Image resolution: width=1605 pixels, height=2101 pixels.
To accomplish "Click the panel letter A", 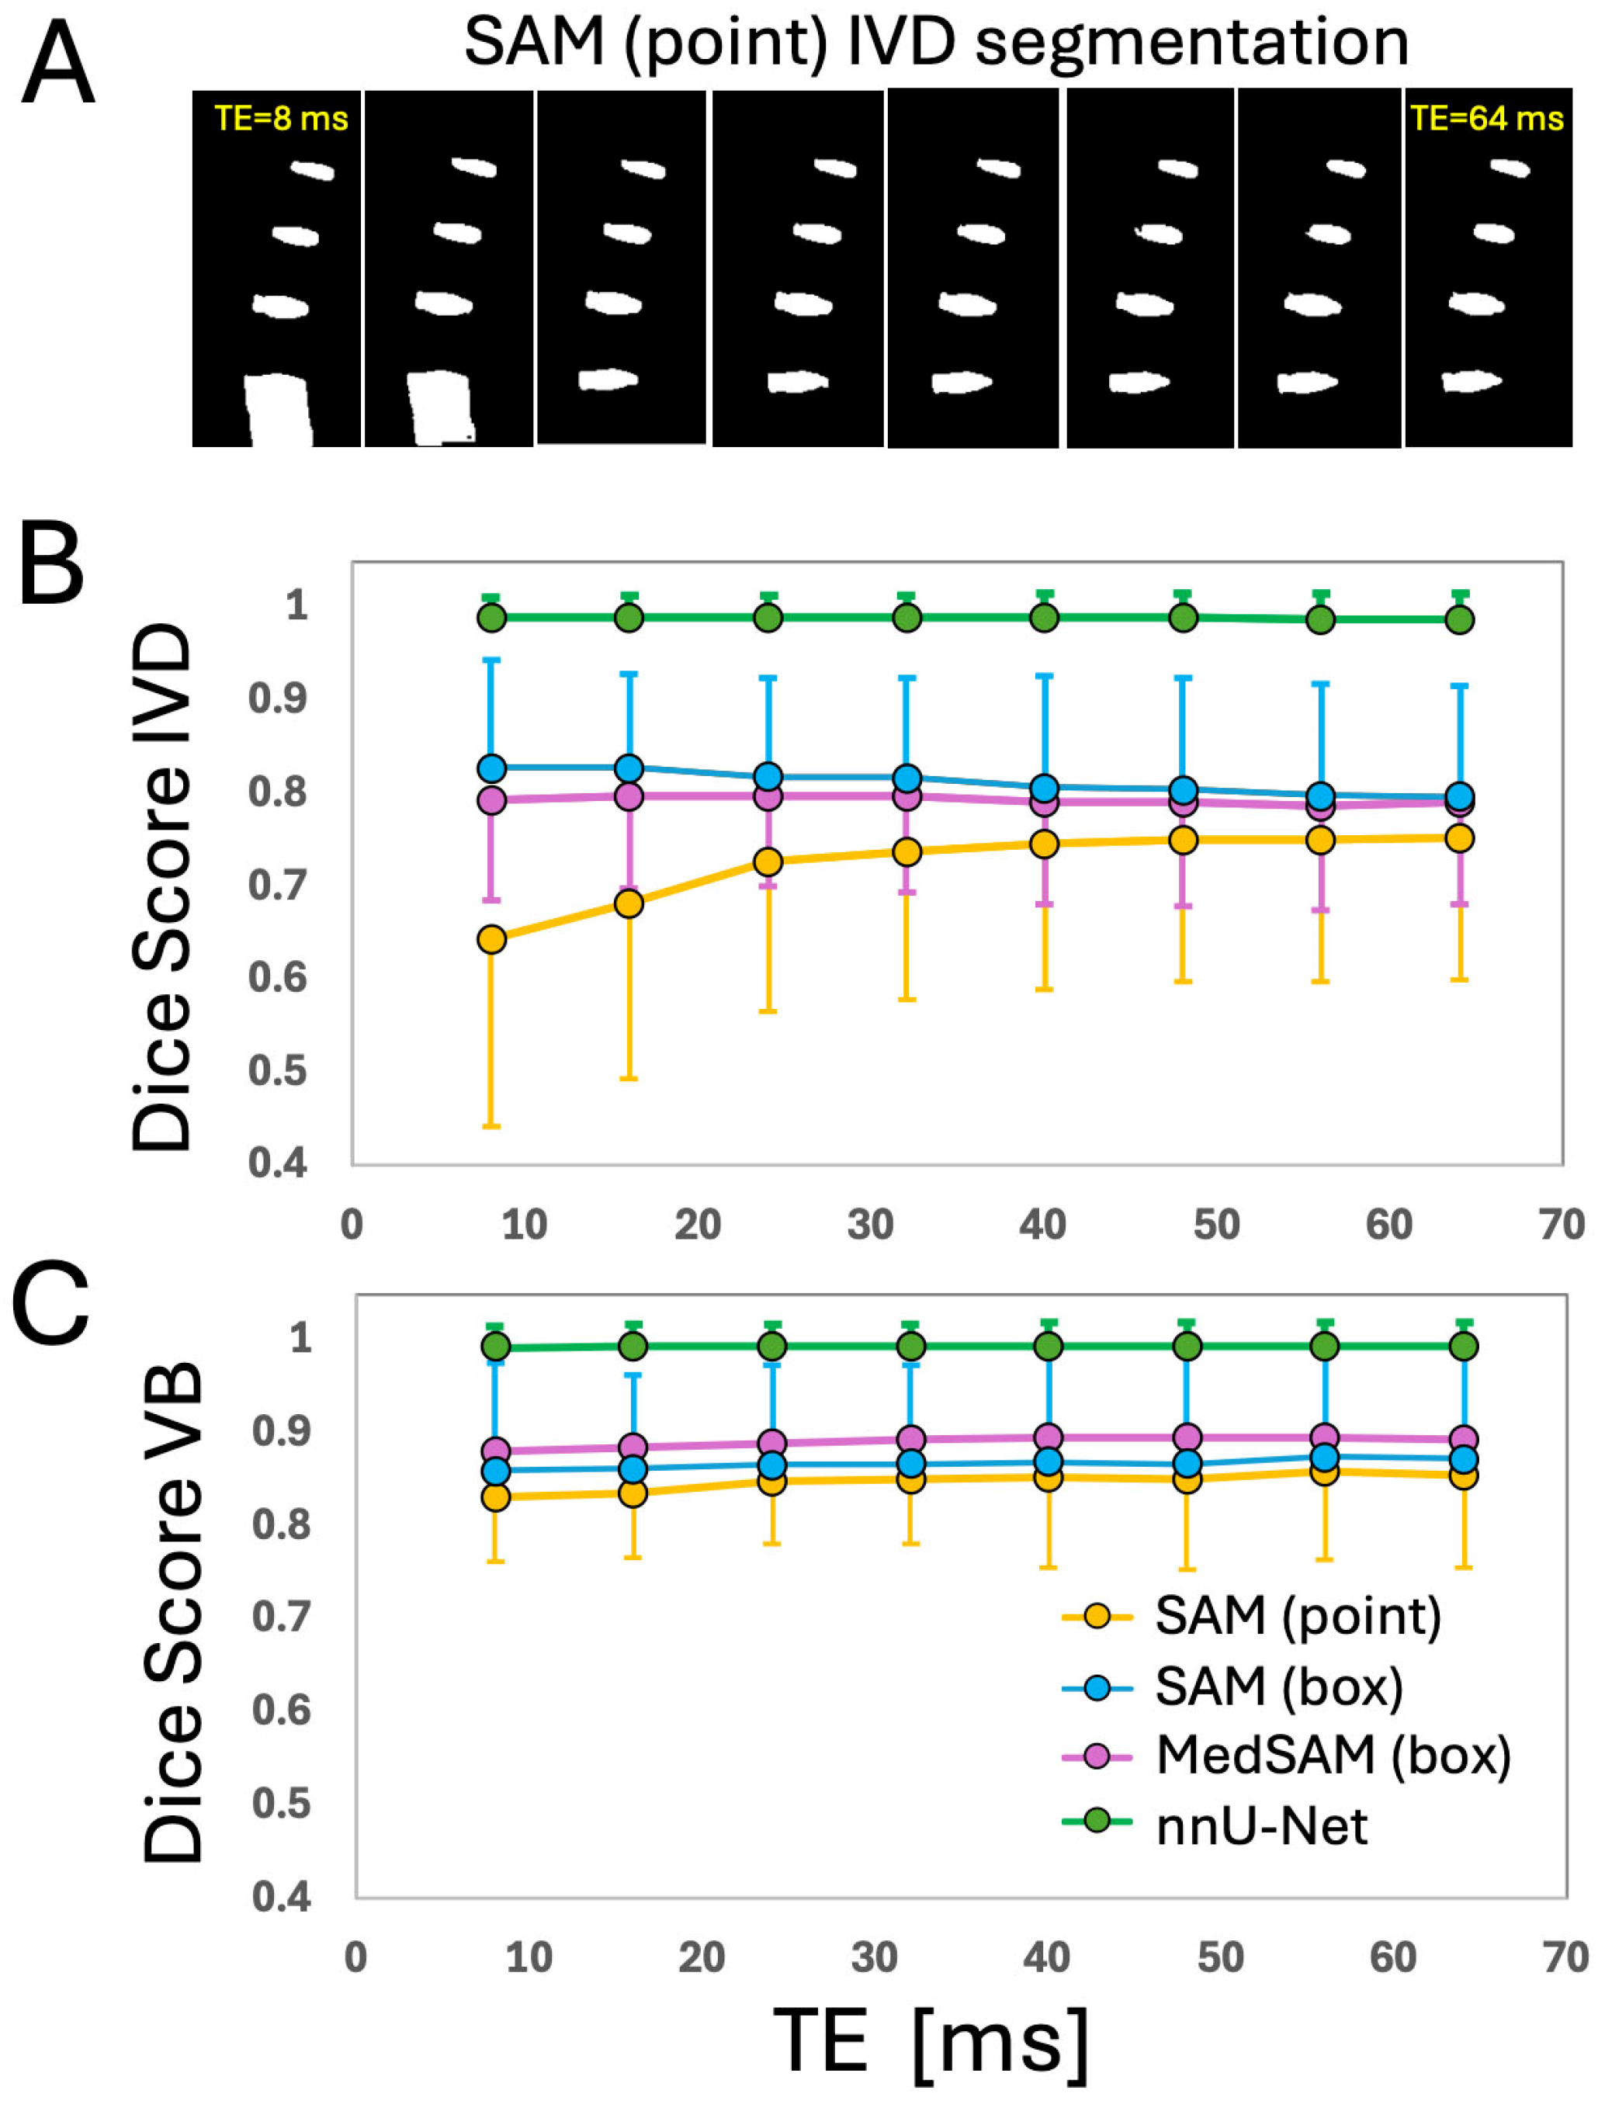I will tap(57, 65).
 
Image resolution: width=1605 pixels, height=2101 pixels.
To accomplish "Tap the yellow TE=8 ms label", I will tap(281, 119).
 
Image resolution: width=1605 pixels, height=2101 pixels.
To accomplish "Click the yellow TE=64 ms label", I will tap(1486, 119).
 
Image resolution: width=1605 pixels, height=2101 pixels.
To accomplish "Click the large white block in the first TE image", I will tap(278, 411).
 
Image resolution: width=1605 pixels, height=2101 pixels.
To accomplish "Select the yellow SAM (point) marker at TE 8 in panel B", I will tap(491, 939).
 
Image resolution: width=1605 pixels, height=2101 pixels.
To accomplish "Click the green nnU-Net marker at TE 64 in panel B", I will tap(1459, 620).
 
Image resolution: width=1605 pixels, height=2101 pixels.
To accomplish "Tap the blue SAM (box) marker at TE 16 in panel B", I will tap(629, 768).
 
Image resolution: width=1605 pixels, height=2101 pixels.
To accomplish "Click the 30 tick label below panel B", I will tap(870, 1225).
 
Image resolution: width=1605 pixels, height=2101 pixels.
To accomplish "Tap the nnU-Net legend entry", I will tap(1261, 1825).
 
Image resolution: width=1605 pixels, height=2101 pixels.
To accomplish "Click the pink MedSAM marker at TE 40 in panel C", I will tap(1049, 1437).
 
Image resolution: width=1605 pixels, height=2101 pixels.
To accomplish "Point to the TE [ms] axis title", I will tap(931, 2042).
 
